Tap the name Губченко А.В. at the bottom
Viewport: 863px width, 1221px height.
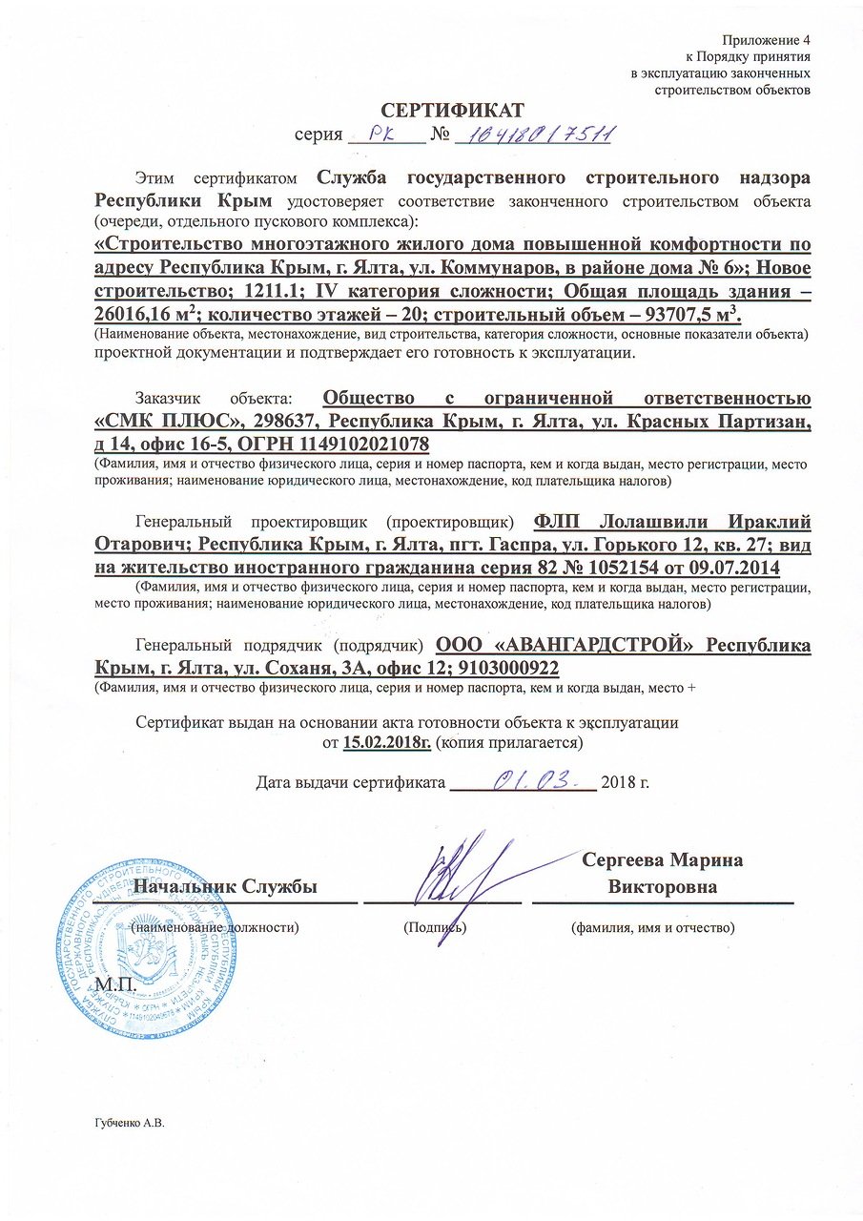coord(132,1124)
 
